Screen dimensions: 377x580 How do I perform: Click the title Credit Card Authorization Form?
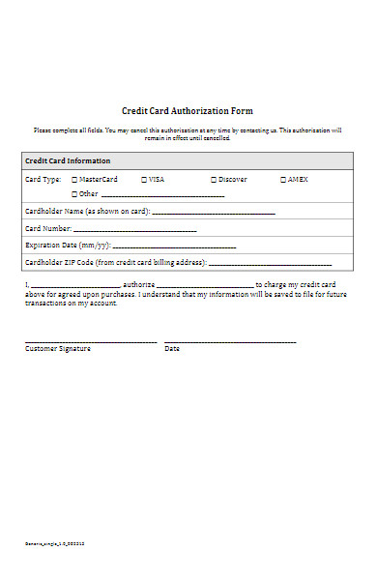tap(188, 111)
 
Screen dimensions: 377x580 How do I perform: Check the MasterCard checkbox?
tap(74, 180)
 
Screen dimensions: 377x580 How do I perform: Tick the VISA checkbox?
tap(144, 180)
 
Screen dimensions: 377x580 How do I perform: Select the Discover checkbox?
tap(214, 180)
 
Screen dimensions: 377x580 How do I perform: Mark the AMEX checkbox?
tap(283, 180)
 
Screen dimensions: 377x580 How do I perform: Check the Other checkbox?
tap(74, 194)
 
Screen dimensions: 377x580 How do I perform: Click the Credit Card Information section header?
tap(67, 160)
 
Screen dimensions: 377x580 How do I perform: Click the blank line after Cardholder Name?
tap(214, 213)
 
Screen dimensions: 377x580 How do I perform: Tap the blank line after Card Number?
tap(135, 231)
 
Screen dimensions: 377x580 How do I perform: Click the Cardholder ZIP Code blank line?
tap(270, 265)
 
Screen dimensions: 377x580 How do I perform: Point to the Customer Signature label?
tap(58, 349)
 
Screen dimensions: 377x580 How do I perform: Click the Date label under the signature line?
tap(172, 349)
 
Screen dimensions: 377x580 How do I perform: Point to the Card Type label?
tap(43, 180)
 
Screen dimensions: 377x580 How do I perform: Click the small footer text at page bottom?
tap(54, 544)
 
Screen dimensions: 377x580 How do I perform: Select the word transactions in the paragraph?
tap(45, 304)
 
